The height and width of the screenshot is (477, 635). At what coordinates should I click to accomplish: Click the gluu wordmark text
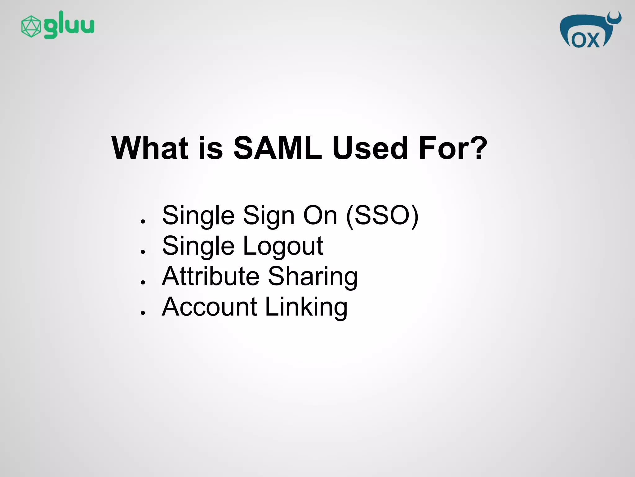pyautogui.click(x=69, y=25)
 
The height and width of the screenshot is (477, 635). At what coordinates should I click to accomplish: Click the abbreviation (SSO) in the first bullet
pyautogui.click(x=382, y=215)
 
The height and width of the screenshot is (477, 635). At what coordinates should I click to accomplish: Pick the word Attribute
pyautogui.click(x=211, y=276)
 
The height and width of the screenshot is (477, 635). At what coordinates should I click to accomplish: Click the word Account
pyautogui.click(x=209, y=307)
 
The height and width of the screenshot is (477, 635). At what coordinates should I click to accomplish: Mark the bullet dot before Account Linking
pyautogui.click(x=143, y=312)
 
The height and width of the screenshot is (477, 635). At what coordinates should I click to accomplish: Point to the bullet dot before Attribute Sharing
pyautogui.click(x=143, y=282)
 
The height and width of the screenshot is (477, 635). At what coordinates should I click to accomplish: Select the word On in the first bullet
pyautogui.click(x=320, y=215)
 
